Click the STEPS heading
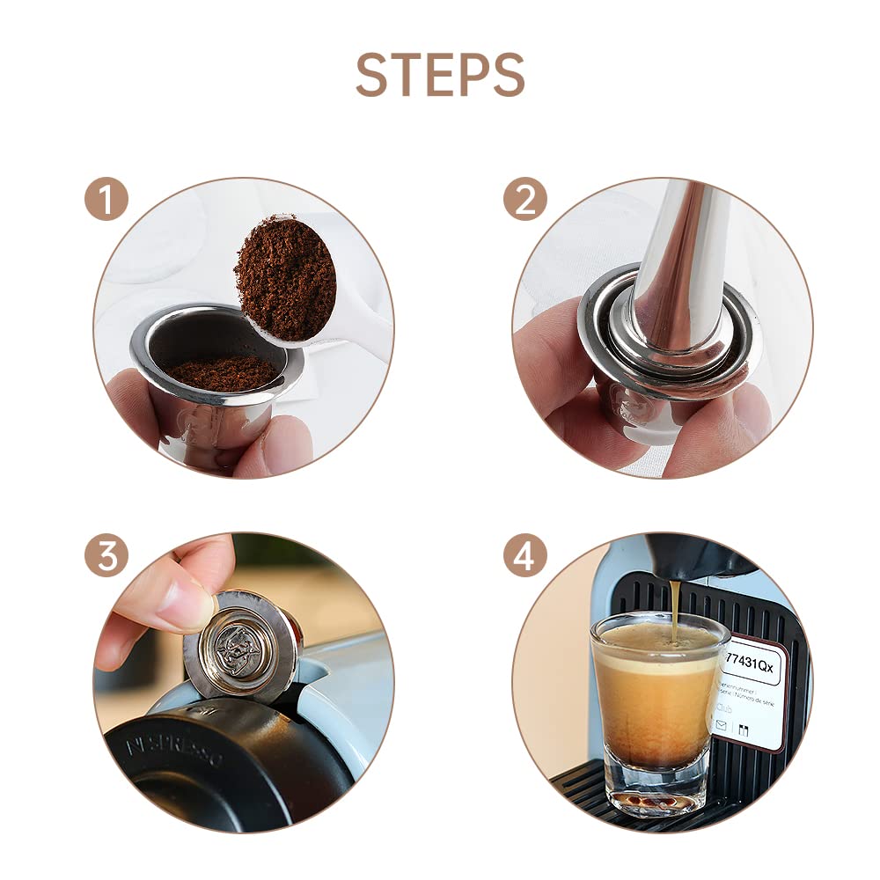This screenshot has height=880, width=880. coord(440,75)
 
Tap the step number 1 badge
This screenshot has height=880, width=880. coord(106,200)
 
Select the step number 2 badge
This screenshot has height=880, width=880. coord(525,200)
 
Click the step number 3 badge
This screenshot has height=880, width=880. coord(106,556)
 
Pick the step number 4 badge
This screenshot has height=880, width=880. coord(525,556)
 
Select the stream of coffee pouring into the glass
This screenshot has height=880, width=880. coord(674,607)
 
